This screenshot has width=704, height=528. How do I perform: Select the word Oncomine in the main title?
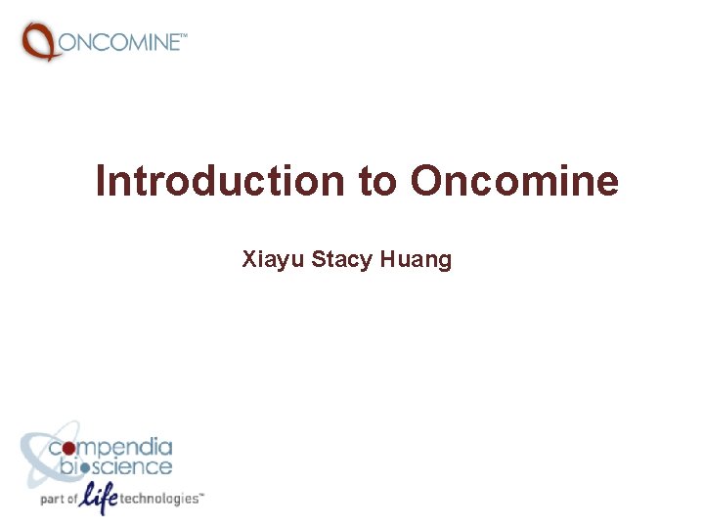tap(514, 182)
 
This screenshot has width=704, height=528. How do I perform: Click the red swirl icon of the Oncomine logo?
tap(39, 41)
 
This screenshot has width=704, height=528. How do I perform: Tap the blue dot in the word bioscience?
tap(85, 467)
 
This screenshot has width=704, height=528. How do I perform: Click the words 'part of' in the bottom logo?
tap(58, 499)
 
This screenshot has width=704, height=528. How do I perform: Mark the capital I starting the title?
tap(101, 182)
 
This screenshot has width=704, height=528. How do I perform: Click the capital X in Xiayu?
tap(248, 260)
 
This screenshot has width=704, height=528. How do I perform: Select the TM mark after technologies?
tap(201, 494)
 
